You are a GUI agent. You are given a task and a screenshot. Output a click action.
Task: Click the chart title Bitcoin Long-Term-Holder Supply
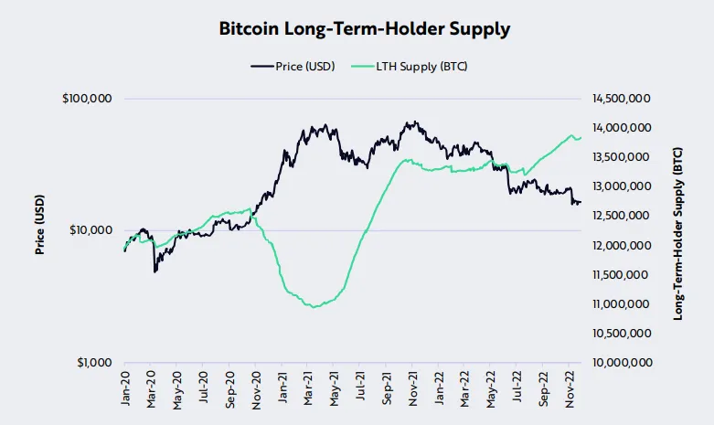[x=365, y=28]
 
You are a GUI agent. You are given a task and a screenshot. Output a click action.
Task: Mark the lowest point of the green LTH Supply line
[x=315, y=307]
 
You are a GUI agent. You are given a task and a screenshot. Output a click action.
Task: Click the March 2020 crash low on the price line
[x=155, y=271]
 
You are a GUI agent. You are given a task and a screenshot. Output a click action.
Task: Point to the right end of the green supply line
[x=581, y=137]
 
